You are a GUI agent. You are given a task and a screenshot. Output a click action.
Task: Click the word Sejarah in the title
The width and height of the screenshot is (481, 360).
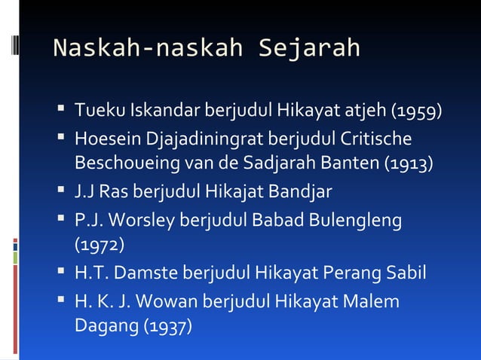(x=309, y=48)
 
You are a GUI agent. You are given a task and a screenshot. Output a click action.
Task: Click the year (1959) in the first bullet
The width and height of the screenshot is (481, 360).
(x=415, y=114)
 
